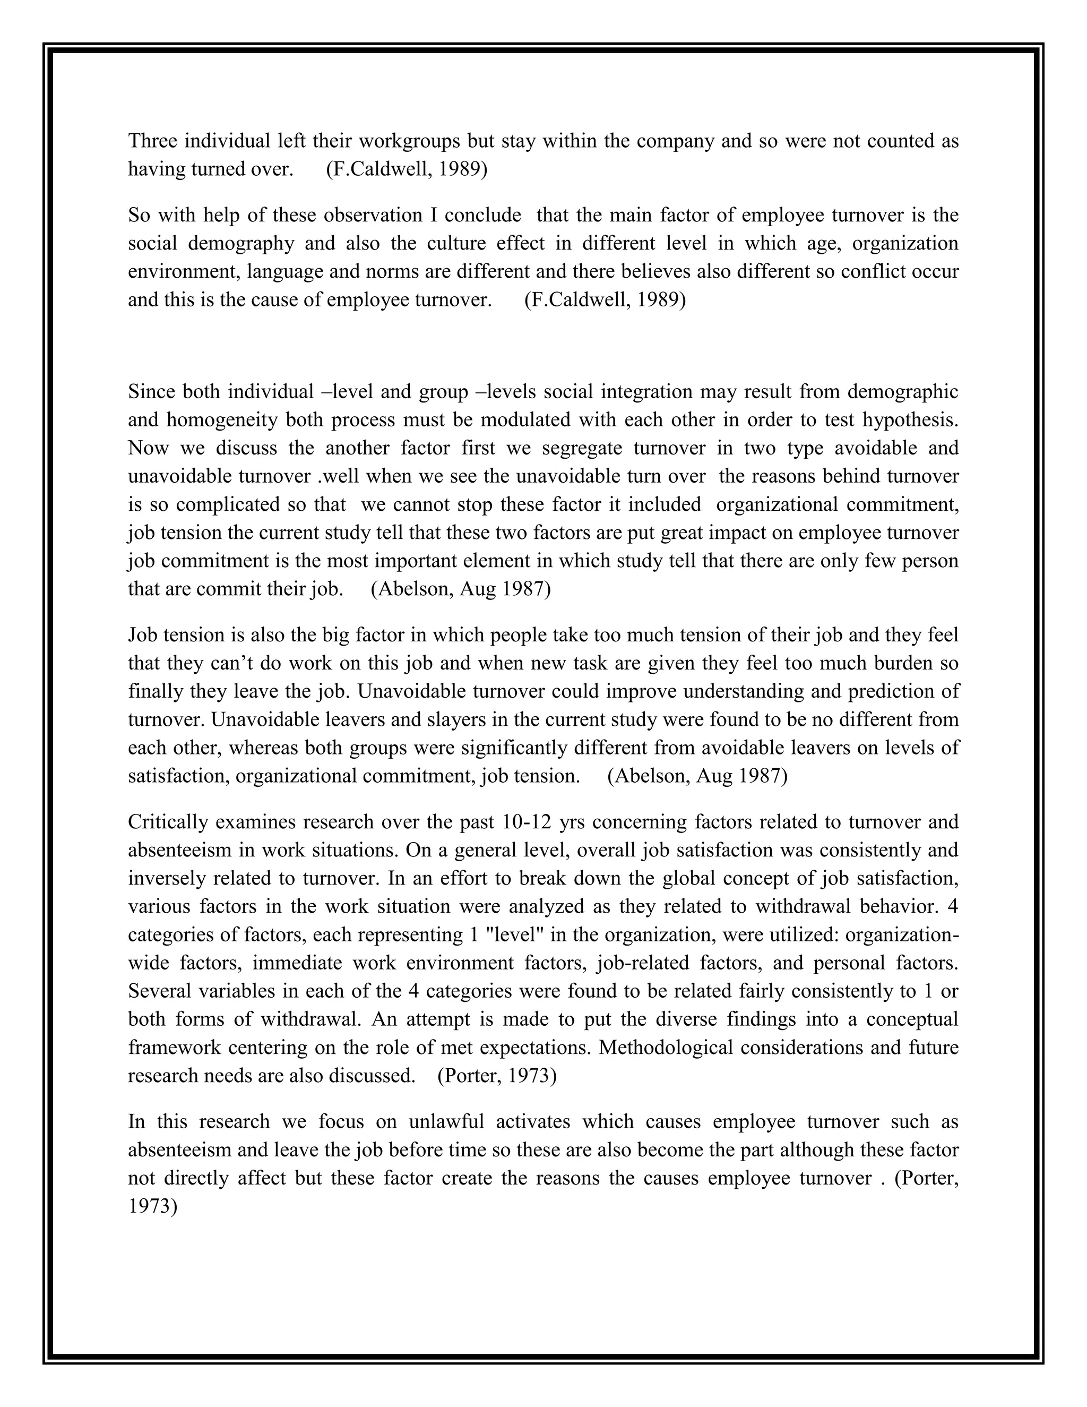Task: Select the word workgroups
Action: click(x=409, y=141)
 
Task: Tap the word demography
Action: click(x=241, y=244)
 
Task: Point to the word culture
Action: click(x=451, y=244)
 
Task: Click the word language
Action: click(x=285, y=272)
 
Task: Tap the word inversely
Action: click(x=166, y=879)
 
